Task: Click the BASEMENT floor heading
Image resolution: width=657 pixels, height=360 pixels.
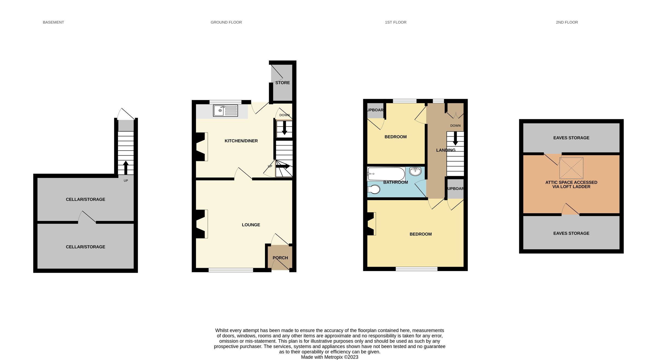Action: pos(53,22)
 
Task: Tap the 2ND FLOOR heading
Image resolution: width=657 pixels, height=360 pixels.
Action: pos(567,22)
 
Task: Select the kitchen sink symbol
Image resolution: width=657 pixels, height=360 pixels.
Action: pos(225,111)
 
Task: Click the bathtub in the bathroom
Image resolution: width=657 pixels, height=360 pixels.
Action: pos(386,174)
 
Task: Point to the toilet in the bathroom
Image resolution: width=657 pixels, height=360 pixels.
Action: pos(374,189)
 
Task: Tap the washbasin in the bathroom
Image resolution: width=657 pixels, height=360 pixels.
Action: pos(415,171)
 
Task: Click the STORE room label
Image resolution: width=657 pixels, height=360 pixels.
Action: pos(283,83)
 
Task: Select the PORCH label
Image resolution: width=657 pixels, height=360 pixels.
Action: pos(280,258)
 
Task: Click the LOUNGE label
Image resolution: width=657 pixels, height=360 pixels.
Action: pos(251,225)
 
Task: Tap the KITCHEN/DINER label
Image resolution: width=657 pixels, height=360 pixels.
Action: pos(241,141)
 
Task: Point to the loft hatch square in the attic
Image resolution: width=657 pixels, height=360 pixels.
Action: pos(571,168)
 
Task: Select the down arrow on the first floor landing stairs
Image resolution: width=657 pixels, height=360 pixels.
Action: pos(455,139)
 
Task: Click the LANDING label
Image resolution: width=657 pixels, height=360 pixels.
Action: pos(446,150)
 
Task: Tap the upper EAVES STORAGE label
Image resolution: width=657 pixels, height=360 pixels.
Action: pos(571,138)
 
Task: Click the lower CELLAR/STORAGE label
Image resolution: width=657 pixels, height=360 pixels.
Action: pos(85,247)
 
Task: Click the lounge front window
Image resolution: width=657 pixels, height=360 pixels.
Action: pos(231,270)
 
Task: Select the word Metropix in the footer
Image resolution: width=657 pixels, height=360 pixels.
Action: pos(333,357)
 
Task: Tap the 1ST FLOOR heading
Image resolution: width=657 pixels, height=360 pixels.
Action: pos(396,22)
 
